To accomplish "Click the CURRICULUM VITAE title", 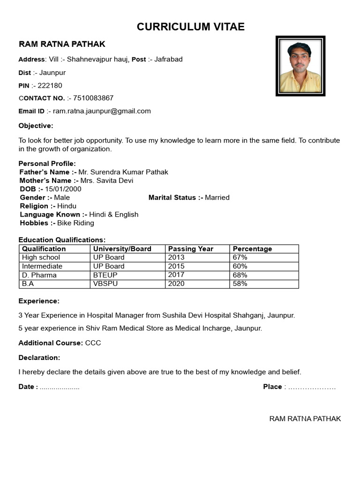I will point(191,27).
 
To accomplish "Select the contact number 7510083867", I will point(93,98).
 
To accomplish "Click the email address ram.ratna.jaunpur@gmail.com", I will point(102,111).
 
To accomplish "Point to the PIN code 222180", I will point(50,85).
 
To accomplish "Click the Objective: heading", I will point(36,126).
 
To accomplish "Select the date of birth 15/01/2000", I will point(63,189).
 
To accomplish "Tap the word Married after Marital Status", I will point(217,197).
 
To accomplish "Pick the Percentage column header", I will point(252,249).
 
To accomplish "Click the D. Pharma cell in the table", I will point(39,275).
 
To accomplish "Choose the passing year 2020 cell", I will point(176,284).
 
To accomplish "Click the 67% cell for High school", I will point(240,257).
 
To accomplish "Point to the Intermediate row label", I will point(42,266).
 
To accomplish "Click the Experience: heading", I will point(39,301).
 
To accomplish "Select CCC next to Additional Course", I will point(93,343).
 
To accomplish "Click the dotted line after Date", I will point(60,387).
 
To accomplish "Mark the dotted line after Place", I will point(312,387).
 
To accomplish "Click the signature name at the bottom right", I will point(305,419).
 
